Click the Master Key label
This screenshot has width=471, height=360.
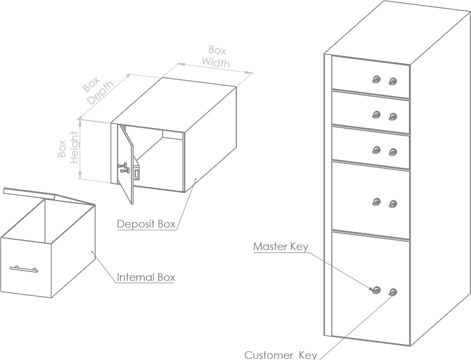pyautogui.click(x=280, y=246)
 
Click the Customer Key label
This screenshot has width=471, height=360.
pyautogui.click(x=281, y=355)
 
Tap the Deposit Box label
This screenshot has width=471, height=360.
pyautogui.click(x=146, y=224)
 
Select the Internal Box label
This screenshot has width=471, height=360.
pyautogui.click(x=146, y=277)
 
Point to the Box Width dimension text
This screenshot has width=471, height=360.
pyautogui.click(x=217, y=56)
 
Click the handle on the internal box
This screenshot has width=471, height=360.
pyautogui.click(x=24, y=269)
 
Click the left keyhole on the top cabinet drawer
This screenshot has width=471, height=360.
pyautogui.click(x=376, y=80)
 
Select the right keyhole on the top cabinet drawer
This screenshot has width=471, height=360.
pyautogui.click(x=392, y=82)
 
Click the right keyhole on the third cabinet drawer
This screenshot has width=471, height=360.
pyautogui.click(x=392, y=151)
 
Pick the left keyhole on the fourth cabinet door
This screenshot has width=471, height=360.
pyautogui.click(x=376, y=202)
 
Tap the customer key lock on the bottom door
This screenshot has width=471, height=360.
pyautogui.click(x=392, y=292)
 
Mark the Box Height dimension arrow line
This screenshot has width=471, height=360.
pyautogui.click(x=81, y=148)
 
